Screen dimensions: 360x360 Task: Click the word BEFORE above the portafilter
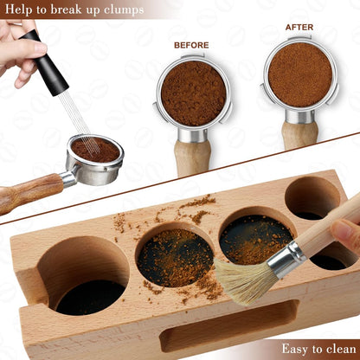click(191, 45)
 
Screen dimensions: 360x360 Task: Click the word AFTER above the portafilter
click(299, 27)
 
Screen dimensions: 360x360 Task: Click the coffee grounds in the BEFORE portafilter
click(194, 93)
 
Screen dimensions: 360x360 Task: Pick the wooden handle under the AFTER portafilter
click(299, 135)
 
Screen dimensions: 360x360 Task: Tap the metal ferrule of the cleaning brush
click(285, 256)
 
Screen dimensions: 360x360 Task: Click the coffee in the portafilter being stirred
click(94, 150)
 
